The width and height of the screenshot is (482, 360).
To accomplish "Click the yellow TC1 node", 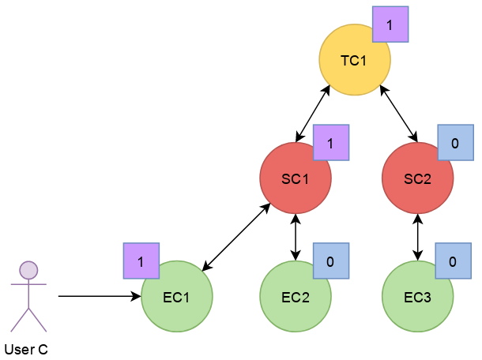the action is click(355, 60).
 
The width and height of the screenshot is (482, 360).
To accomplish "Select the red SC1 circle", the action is click(296, 178).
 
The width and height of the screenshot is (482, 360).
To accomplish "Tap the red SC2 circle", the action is click(417, 178).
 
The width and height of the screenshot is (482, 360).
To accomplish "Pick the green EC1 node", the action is click(177, 296).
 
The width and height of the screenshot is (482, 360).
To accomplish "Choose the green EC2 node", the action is click(296, 296).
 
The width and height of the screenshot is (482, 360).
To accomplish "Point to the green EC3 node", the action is click(417, 296).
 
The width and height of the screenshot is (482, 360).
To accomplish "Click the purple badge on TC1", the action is click(390, 24).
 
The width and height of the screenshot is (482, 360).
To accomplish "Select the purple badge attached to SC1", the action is click(331, 143).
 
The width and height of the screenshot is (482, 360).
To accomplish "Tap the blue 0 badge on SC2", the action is click(456, 143).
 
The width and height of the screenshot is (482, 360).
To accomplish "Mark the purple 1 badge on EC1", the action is click(141, 261).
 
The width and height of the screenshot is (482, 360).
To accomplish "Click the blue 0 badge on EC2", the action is click(331, 261).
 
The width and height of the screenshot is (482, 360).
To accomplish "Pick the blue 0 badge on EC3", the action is click(453, 261).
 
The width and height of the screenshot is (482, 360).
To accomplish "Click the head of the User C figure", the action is click(28, 270).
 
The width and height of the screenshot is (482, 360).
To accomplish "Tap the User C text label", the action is click(26, 350).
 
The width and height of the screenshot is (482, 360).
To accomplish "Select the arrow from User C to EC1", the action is click(100, 296).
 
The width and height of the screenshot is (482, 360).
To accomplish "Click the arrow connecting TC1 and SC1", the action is click(313, 114).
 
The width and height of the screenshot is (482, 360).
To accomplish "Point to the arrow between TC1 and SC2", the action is click(399, 114).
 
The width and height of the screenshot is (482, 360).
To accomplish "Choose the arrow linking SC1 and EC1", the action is click(236, 237).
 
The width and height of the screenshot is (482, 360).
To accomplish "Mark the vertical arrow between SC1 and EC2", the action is click(296, 238).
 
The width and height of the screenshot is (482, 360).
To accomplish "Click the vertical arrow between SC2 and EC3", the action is click(417, 238).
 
